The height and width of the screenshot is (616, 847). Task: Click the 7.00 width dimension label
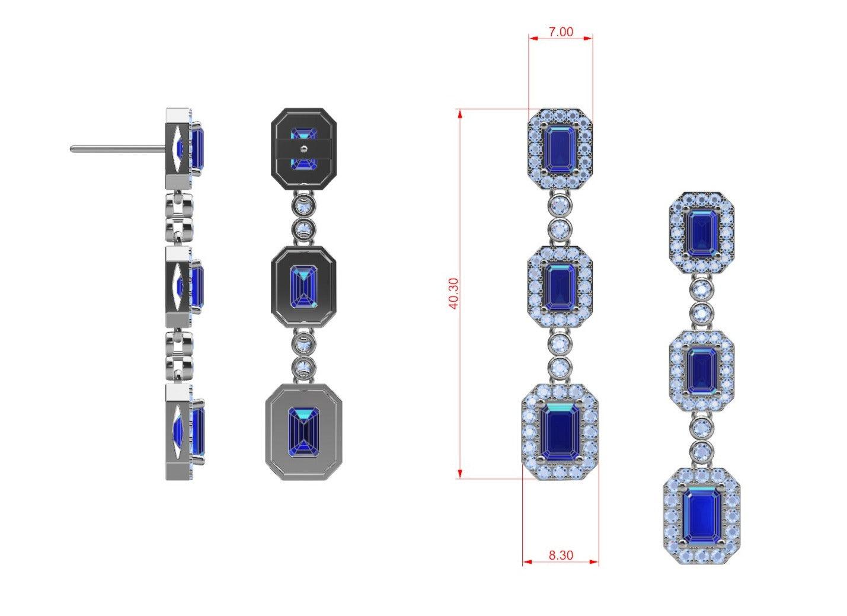tap(560, 32)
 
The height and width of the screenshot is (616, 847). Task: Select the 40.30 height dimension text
tap(454, 293)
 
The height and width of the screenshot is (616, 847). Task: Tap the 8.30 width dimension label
tap(561, 556)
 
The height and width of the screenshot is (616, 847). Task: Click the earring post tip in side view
tap(72, 149)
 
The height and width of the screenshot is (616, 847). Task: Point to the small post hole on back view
tap(302, 149)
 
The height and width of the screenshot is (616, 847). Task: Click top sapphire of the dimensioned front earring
tap(560, 150)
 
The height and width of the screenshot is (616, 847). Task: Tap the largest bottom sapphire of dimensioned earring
tap(560, 432)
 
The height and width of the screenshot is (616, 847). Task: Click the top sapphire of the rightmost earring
tap(701, 234)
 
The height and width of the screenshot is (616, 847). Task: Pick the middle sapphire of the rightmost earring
tap(701, 371)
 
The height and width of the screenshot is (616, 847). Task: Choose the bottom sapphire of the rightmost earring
tap(702, 515)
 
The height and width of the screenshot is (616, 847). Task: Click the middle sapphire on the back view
tap(303, 287)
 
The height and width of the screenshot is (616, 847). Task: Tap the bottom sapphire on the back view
tap(303, 432)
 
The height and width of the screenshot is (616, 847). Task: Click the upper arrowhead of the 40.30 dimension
tap(460, 114)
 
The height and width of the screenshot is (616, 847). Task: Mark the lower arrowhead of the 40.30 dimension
tap(460, 474)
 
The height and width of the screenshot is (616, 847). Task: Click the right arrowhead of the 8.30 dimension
tap(594, 561)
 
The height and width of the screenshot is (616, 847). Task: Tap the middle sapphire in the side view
tap(197, 286)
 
